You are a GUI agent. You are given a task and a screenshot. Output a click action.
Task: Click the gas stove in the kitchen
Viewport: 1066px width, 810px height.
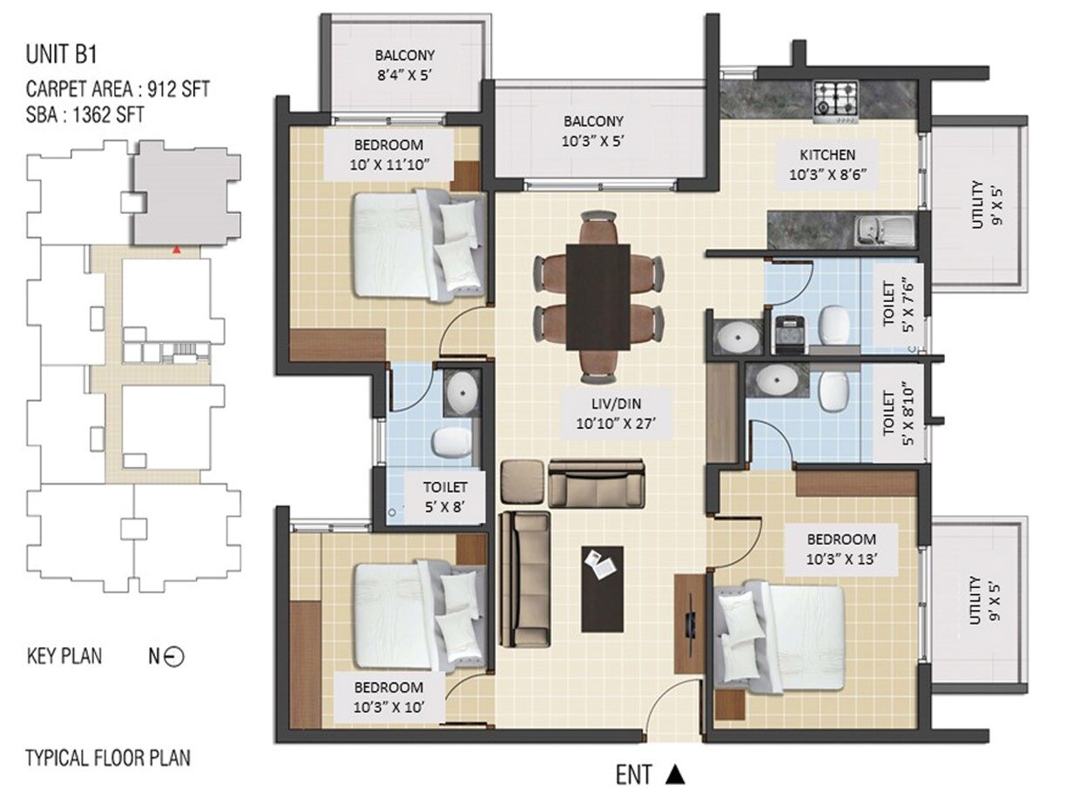tap(835, 97)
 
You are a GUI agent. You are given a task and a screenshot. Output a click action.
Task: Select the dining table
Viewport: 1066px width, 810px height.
tap(597, 296)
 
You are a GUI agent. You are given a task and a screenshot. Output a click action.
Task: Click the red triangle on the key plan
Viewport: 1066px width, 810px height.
tap(177, 251)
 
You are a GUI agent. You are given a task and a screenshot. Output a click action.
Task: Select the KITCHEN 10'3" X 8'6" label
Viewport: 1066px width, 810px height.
tap(826, 164)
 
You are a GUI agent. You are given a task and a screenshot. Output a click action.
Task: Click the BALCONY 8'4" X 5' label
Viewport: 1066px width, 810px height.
tap(403, 64)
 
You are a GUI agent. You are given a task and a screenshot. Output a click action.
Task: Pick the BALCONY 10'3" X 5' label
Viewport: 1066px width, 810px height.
tap(593, 131)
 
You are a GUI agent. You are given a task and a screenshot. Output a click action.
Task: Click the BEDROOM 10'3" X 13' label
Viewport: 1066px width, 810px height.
tap(840, 549)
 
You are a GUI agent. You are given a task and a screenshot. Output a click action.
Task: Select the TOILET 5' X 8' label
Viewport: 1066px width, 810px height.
tap(445, 497)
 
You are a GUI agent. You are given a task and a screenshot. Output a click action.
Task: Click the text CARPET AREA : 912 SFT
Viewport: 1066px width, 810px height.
tap(118, 89)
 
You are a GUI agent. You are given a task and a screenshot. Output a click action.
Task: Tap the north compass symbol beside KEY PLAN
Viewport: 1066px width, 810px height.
tap(173, 658)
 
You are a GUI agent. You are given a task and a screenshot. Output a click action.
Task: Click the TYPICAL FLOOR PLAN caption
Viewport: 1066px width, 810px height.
tap(108, 757)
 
